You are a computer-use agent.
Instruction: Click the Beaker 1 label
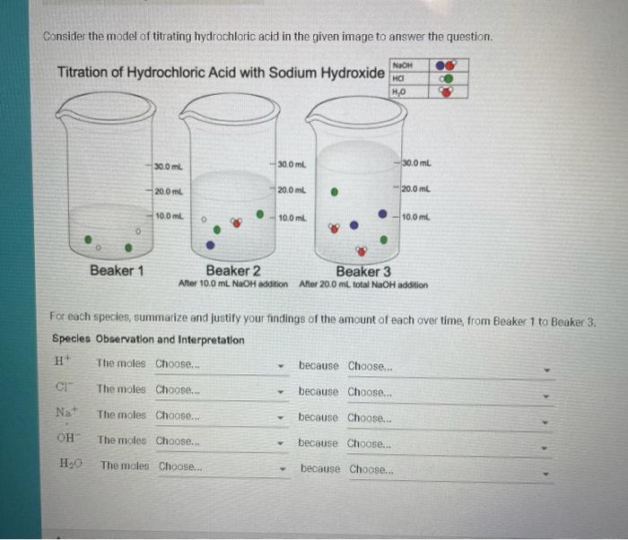click(x=118, y=270)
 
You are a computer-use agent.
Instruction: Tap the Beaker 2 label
click(x=233, y=270)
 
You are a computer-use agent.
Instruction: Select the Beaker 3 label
click(x=363, y=270)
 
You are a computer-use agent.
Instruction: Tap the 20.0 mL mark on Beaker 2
click(x=292, y=190)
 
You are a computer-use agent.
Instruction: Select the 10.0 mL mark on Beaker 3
click(x=418, y=217)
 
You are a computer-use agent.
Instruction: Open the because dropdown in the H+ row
click(x=449, y=367)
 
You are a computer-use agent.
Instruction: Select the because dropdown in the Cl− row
click(x=449, y=392)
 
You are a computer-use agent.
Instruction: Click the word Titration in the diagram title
click(x=88, y=71)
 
